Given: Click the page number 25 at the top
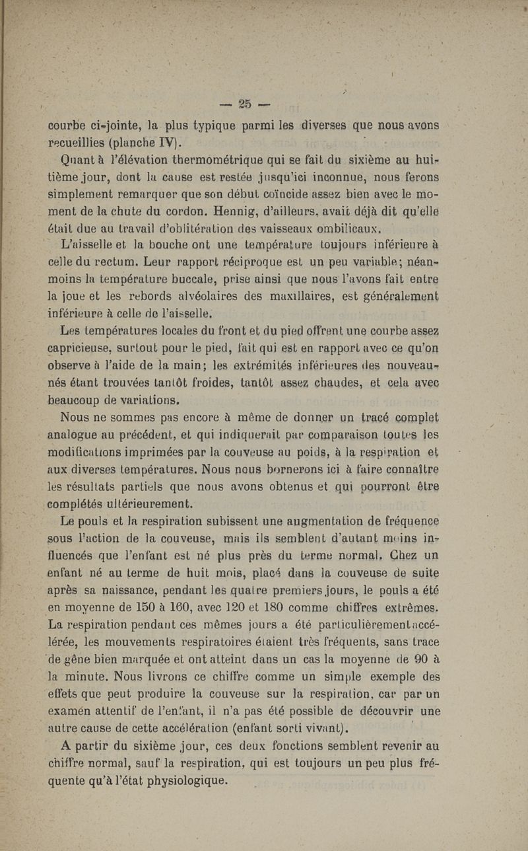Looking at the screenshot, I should (245, 104).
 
